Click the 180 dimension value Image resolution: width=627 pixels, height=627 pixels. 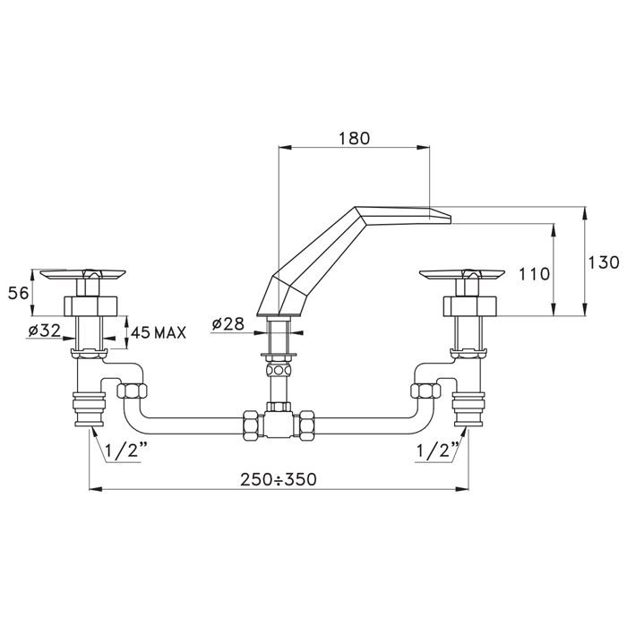(x=353, y=139)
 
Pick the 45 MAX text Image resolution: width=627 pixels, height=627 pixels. (x=159, y=332)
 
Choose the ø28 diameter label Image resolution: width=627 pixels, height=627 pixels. (x=232, y=324)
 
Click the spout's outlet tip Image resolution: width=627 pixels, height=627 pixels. (x=441, y=213)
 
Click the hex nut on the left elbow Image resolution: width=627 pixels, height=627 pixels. (x=132, y=391)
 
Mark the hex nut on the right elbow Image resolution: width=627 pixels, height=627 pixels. (x=423, y=391)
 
